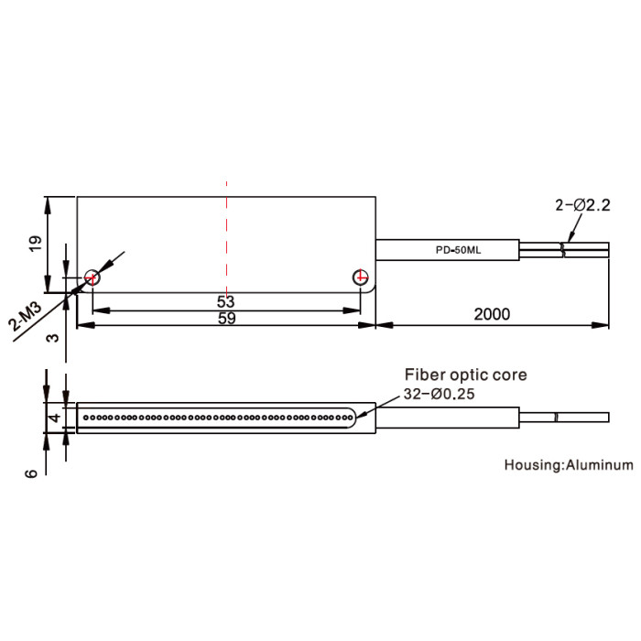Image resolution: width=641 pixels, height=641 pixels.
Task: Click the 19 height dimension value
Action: [36, 244]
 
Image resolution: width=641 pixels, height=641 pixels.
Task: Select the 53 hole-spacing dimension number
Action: [225, 301]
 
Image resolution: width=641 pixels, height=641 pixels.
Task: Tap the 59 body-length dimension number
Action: [226, 318]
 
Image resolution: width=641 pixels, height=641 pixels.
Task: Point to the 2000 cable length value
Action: [492, 314]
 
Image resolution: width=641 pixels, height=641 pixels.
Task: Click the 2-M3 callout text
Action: [26, 317]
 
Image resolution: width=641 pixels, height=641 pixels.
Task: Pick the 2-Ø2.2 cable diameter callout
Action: [582, 205]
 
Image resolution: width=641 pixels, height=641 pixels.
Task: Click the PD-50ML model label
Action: [458, 250]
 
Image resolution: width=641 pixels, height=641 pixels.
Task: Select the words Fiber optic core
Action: [465, 375]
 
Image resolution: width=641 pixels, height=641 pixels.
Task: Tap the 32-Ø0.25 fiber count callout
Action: [439, 394]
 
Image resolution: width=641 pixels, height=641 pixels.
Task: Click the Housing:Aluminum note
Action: [569, 465]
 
